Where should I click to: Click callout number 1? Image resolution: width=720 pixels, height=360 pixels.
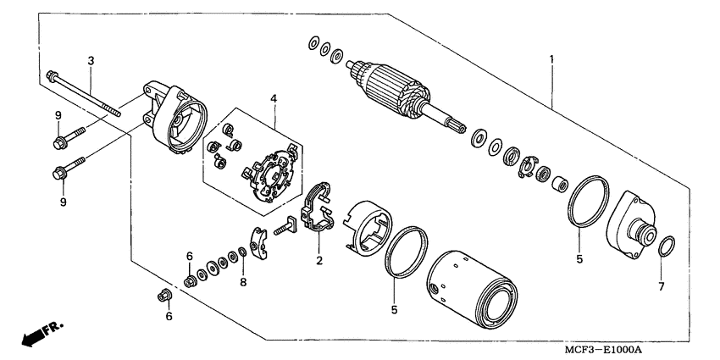551,59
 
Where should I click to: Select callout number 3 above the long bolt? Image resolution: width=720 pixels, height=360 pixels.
91,59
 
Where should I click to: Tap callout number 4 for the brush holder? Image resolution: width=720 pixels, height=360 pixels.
274,99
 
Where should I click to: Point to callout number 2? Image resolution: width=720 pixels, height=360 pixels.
319,260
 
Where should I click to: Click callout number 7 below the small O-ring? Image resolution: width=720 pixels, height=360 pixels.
662,286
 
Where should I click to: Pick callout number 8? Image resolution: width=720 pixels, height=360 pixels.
242,282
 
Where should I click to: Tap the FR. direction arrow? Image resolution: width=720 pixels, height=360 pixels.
38,332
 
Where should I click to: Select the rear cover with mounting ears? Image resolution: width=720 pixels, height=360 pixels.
174,119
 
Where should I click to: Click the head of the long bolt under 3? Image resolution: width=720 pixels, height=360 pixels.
53,75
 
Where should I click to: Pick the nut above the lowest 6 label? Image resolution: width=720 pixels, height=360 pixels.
163,296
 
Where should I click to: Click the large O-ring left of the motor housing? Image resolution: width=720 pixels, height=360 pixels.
402,252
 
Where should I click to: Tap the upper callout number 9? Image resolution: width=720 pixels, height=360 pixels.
58,115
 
